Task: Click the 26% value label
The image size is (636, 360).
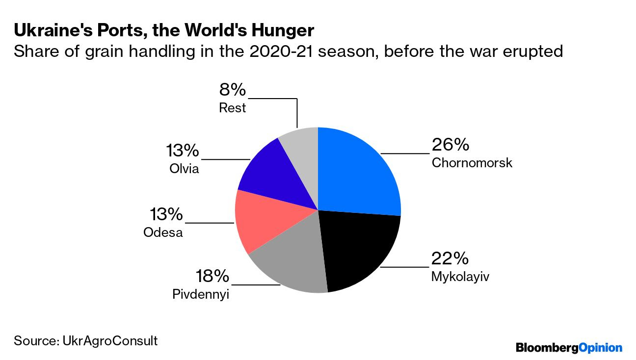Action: tap(450, 145)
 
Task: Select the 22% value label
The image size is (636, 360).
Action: tap(450, 258)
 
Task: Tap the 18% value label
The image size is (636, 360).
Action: tap(212, 276)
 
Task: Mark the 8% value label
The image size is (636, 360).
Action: tap(232, 90)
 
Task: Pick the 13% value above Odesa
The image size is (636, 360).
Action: tap(166, 214)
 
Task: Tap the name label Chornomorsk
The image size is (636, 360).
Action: tap(472, 163)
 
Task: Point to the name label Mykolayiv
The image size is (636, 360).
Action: tap(460, 277)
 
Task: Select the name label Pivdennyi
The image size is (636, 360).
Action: tap(201, 294)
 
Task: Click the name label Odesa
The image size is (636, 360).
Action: tap(163, 232)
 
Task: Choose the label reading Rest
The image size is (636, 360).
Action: tap(232, 108)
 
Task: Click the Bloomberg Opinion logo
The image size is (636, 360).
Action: tap(569, 348)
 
